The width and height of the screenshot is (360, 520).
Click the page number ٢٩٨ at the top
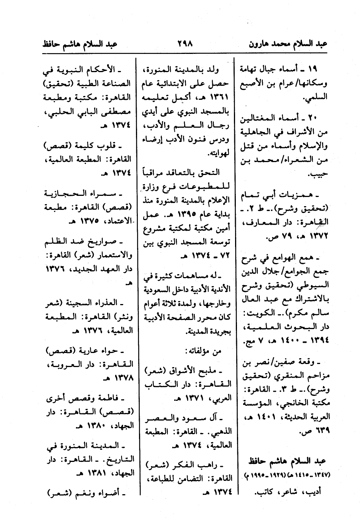[185, 43]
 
